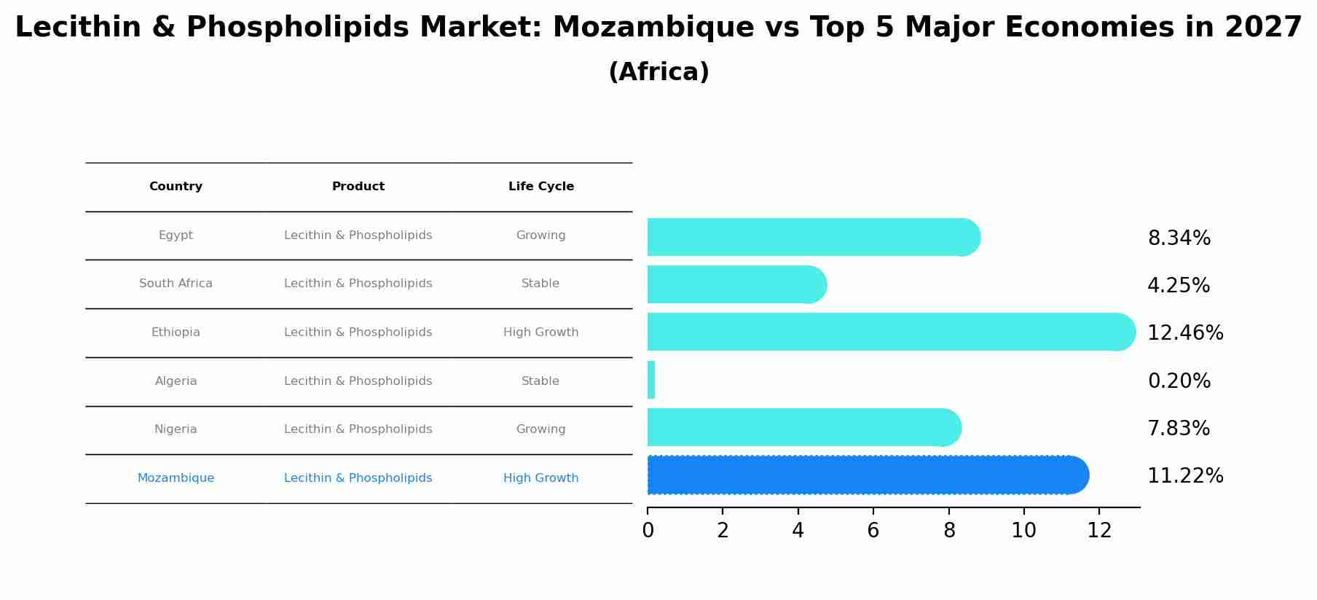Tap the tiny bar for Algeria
click(x=651, y=381)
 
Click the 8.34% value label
click(x=1179, y=238)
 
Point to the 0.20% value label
click(x=1179, y=381)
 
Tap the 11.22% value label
click(x=1185, y=476)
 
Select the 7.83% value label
click(x=1179, y=429)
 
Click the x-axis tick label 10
click(x=1023, y=531)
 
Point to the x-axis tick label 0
click(x=648, y=531)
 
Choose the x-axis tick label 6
click(x=873, y=531)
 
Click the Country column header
click(x=176, y=187)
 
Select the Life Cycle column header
click(x=541, y=187)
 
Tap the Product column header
click(x=358, y=187)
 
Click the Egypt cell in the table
click(x=176, y=235)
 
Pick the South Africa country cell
click(x=176, y=284)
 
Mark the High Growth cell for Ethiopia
click(x=541, y=332)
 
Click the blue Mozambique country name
click(x=176, y=478)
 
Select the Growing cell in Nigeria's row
click(x=541, y=429)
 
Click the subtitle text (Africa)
click(x=658, y=72)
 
